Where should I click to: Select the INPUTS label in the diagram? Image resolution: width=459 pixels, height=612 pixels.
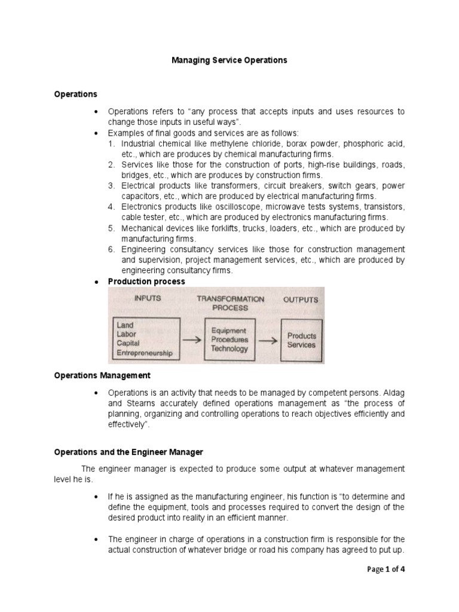click(x=147, y=297)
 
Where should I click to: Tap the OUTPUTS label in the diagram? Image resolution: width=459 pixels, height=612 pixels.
click(x=301, y=299)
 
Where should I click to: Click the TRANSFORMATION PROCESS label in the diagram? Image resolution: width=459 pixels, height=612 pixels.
click(x=230, y=303)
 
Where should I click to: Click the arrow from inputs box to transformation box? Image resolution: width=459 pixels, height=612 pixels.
click(x=192, y=340)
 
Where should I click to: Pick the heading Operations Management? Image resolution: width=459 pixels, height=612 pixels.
click(x=102, y=375)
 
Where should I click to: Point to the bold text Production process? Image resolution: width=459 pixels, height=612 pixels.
click(x=146, y=281)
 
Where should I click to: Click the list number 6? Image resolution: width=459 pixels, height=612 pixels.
click(x=111, y=249)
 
